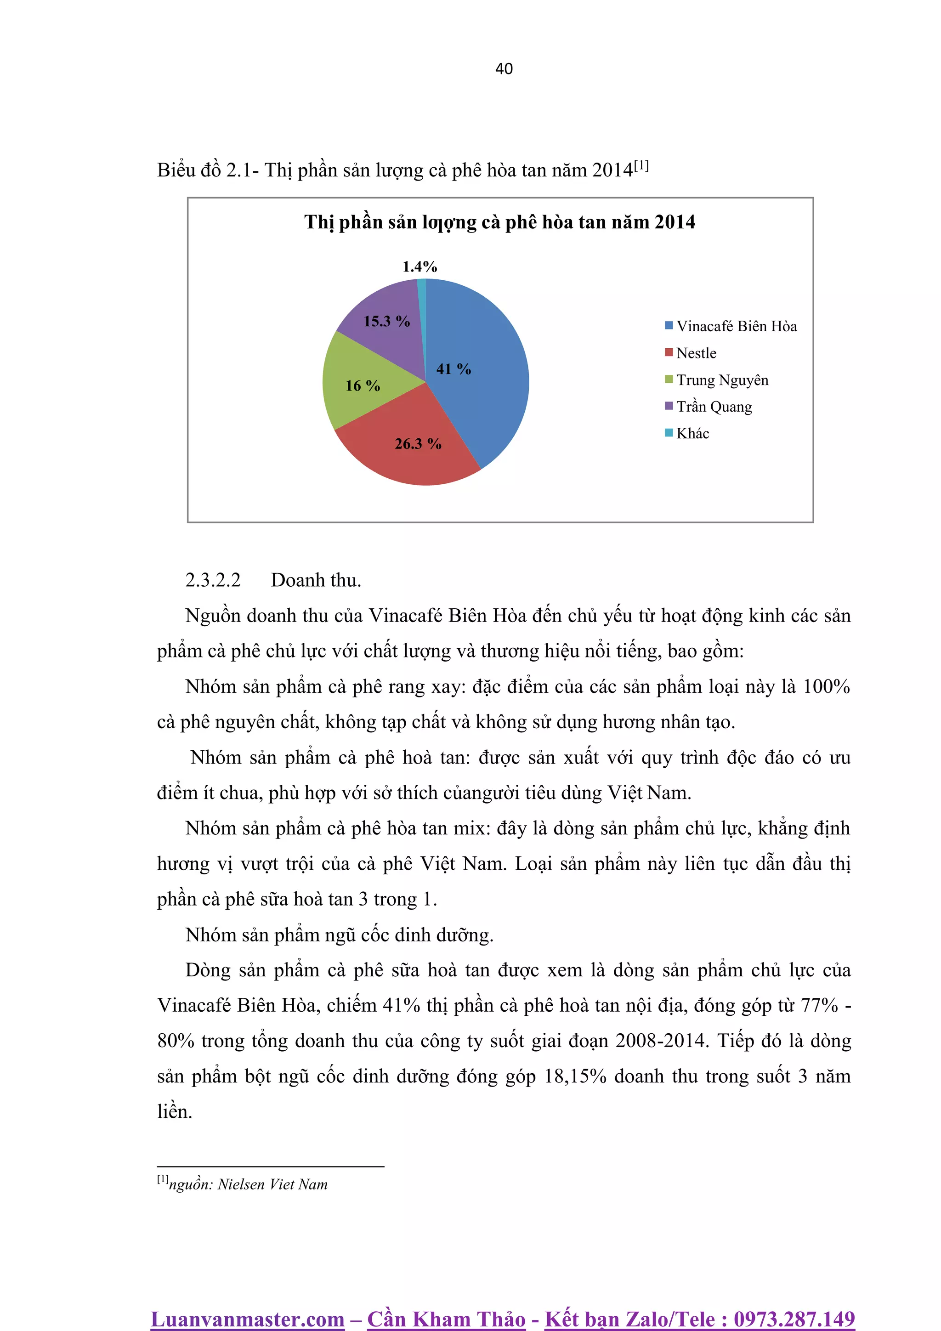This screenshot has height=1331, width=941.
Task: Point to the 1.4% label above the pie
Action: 420,266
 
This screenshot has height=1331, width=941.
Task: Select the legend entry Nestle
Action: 696,353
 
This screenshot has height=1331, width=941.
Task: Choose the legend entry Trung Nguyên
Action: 722,380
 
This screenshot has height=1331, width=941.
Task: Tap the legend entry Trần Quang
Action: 714,407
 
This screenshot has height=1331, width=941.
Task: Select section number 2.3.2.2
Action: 212,580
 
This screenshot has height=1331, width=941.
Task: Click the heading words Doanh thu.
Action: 315,580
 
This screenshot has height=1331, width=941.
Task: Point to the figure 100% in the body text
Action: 826,686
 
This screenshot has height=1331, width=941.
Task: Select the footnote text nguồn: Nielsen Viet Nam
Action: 248,1184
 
